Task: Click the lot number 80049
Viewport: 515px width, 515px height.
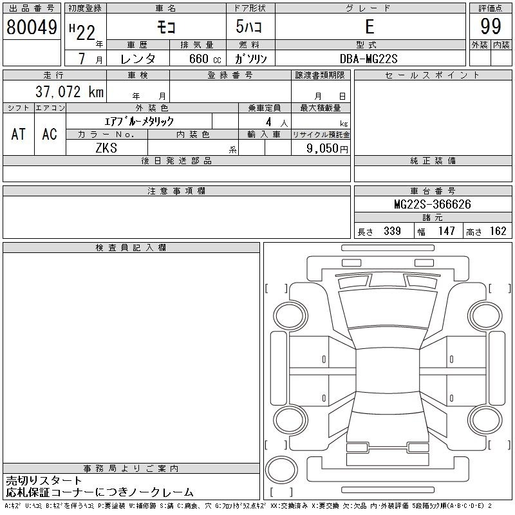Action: point(32,27)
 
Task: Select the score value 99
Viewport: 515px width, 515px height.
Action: point(491,26)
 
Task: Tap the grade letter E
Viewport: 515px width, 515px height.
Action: point(370,26)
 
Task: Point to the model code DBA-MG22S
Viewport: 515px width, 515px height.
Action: point(368,59)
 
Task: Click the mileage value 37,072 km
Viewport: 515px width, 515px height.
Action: point(70,91)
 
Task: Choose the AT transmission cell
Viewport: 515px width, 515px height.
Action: point(19,134)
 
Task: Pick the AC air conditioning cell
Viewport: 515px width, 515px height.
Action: point(50,134)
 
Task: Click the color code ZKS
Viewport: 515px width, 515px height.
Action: point(106,148)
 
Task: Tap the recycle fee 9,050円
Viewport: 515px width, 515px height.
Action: point(327,149)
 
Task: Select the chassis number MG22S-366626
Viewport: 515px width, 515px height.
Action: point(433,204)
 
